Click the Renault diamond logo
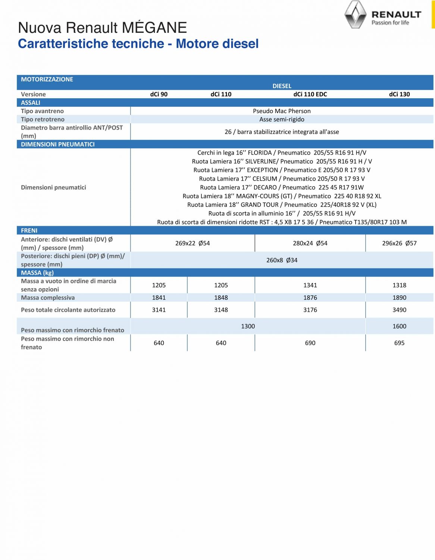(x=355, y=15)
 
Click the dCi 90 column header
(x=159, y=94)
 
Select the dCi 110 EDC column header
(x=310, y=94)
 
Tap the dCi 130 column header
(x=399, y=94)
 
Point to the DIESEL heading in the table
(x=282, y=86)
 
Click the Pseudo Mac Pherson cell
(x=282, y=111)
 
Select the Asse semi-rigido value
(x=282, y=119)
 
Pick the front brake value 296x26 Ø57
(x=399, y=243)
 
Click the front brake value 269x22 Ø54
(x=193, y=243)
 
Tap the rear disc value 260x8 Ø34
(x=282, y=260)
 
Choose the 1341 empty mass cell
(x=310, y=285)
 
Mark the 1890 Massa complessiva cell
(x=399, y=298)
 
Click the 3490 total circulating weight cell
(x=399, y=310)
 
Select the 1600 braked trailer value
(x=399, y=326)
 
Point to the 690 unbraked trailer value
(x=310, y=343)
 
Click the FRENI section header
(x=29, y=231)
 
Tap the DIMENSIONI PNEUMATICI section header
(x=58, y=144)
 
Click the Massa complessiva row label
(x=48, y=298)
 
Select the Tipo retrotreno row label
(x=43, y=119)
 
